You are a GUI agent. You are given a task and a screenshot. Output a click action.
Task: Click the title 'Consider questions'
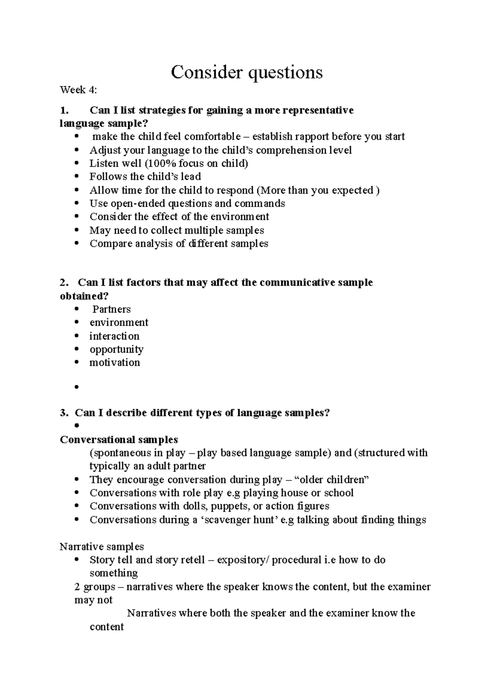247,72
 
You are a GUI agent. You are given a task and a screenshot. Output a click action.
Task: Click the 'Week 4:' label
79,90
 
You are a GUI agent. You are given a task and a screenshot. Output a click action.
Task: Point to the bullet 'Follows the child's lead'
145,177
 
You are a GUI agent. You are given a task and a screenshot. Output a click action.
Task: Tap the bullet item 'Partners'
111,309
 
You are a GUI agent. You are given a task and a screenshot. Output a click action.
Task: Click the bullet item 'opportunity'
117,349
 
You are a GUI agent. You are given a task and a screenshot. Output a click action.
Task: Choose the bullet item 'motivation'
115,363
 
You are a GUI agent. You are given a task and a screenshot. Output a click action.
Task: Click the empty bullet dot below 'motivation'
77,387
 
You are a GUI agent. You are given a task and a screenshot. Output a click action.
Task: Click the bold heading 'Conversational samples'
119,440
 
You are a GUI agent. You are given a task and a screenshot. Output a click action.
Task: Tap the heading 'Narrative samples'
102,547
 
